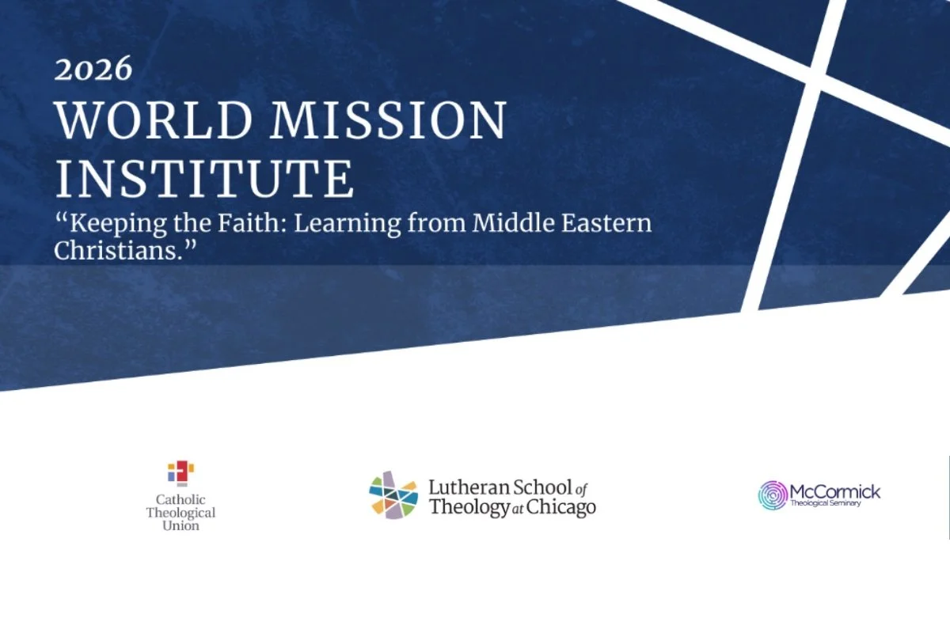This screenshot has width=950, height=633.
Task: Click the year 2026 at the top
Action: (x=93, y=70)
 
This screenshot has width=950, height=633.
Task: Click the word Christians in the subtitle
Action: (x=119, y=249)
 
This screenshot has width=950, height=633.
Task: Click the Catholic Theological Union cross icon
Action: (x=180, y=472)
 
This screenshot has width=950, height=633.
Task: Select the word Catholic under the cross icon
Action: (x=180, y=499)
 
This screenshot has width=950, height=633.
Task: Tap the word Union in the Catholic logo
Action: (x=180, y=525)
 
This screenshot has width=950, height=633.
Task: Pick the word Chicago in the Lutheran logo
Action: (x=563, y=507)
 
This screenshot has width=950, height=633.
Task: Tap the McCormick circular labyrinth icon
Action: (x=773, y=495)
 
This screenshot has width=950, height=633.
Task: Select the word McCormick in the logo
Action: (x=835, y=492)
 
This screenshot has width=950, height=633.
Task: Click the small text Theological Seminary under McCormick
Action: (x=826, y=504)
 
